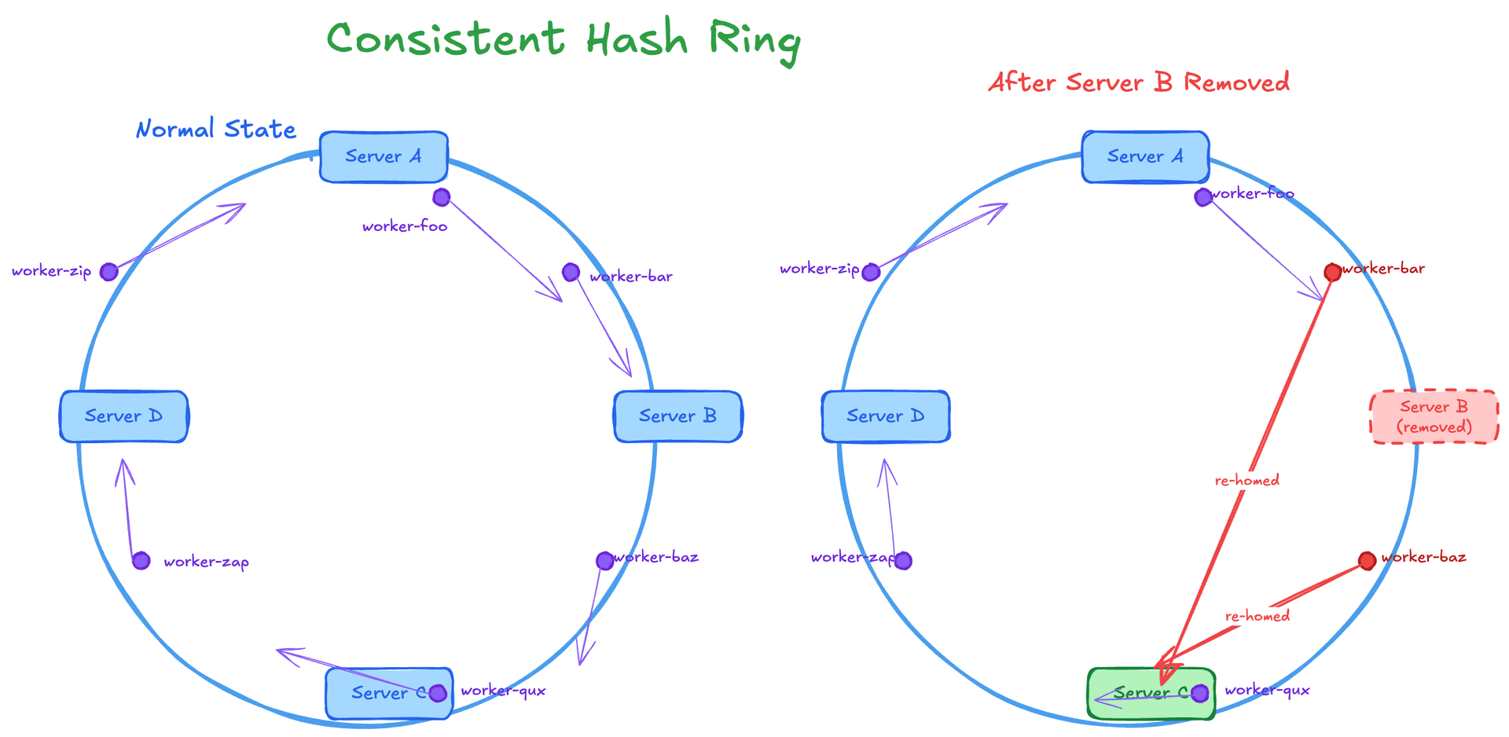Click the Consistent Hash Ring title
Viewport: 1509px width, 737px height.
[564, 39]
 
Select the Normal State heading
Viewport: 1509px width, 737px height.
[216, 129]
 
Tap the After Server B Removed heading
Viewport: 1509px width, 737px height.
[1139, 82]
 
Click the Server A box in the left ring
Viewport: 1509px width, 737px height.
[384, 156]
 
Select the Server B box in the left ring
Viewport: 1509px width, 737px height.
[677, 416]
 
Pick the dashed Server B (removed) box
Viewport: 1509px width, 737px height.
[1434, 417]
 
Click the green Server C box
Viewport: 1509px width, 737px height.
[1151, 693]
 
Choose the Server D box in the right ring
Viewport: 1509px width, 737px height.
[885, 416]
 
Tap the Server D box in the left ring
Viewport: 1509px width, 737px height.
[123, 416]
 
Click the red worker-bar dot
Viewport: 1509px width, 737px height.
[1332, 273]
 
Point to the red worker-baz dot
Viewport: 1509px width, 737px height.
[1367, 560]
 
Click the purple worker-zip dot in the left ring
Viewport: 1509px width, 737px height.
[109, 272]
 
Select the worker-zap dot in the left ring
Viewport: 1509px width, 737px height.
[141, 561]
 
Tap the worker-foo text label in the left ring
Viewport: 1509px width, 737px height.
[405, 227]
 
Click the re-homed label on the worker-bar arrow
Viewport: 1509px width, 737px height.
[1246, 480]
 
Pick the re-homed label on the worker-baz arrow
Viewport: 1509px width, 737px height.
[1257, 616]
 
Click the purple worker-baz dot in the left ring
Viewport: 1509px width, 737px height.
[604, 561]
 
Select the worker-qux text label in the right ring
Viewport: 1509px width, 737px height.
[1267, 691]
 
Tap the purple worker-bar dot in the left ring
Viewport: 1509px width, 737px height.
[571, 273]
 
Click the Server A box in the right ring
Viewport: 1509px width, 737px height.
[1145, 156]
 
